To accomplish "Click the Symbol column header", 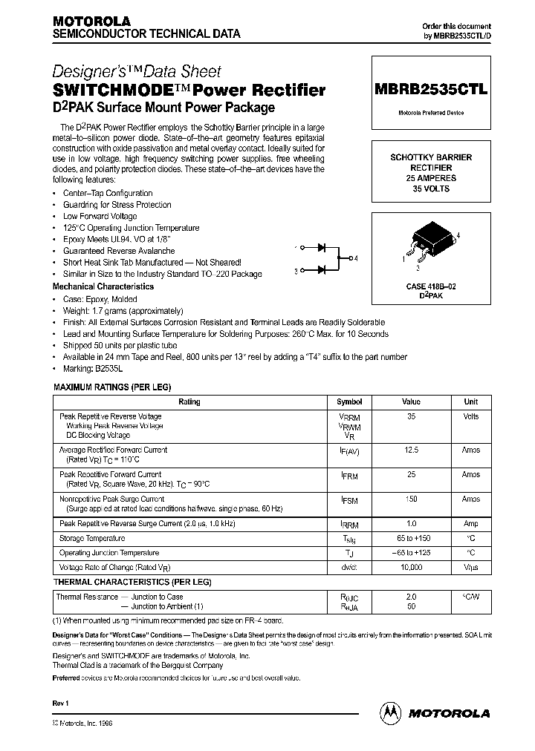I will [349, 401].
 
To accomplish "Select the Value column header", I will [411, 401].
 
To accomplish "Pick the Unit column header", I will [471, 401].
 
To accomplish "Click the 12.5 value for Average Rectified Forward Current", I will [411, 450].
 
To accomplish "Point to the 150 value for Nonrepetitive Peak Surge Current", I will [411, 499].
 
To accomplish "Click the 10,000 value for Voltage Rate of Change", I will [411, 566].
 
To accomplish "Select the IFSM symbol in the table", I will [349, 501].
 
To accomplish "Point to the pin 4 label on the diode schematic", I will [356, 258].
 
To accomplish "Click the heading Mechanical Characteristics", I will [103, 286].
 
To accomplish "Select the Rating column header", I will [189, 401].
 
